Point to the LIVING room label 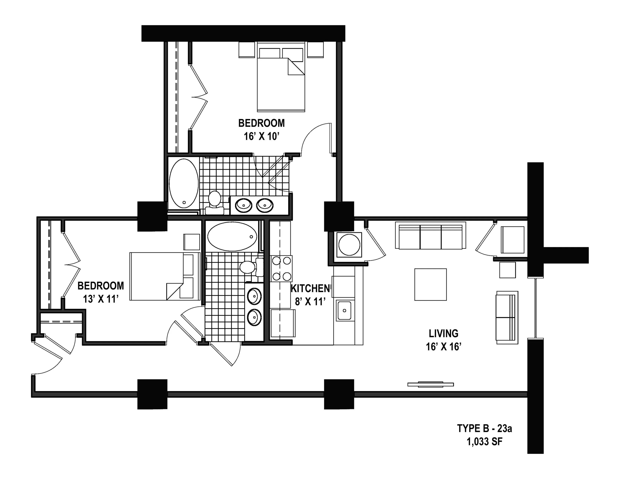click(443, 333)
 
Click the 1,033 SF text click(485, 442)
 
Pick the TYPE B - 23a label click(485, 428)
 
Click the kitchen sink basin click(344, 311)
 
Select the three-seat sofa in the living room click(431, 236)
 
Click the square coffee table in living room click(430, 284)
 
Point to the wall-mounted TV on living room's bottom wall click(430, 385)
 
